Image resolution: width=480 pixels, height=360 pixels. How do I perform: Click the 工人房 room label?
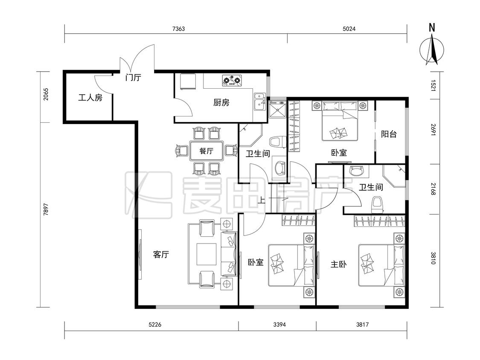click(x=90, y=98)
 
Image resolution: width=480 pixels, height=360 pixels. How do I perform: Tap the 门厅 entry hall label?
click(x=133, y=77)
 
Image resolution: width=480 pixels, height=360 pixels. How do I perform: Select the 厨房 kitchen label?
click(x=221, y=102)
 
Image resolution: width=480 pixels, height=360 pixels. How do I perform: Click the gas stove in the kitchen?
click(x=232, y=80)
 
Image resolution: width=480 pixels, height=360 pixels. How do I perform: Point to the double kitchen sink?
click(x=259, y=101)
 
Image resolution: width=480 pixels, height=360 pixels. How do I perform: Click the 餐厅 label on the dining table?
click(x=207, y=151)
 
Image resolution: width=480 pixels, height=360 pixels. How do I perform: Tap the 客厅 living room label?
click(x=161, y=254)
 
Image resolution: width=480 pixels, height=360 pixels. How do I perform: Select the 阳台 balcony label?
click(x=389, y=134)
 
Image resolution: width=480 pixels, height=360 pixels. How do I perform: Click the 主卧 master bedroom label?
click(x=339, y=264)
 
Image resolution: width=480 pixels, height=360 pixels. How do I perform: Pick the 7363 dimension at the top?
click(x=178, y=29)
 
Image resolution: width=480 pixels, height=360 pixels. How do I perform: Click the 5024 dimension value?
click(x=349, y=29)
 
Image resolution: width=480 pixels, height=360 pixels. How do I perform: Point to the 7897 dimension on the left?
click(x=46, y=209)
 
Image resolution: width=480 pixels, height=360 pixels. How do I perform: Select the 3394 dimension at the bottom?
click(x=279, y=325)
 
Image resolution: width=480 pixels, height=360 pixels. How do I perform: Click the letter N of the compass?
click(x=432, y=28)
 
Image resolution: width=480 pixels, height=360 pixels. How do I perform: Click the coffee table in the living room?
click(x=207, y=254)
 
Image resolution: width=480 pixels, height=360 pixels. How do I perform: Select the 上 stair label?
click(x=261, y=200)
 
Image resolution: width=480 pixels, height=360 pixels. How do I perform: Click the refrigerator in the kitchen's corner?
click(x=188, y=82)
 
